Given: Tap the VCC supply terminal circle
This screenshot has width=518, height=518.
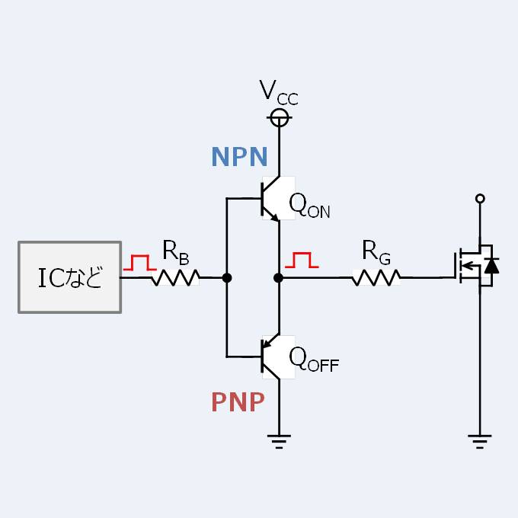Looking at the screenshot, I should click(x=280, y=117).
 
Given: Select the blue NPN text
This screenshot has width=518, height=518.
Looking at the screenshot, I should click(x=239, y=157).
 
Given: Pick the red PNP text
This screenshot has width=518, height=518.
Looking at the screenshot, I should click(x=238, y=402).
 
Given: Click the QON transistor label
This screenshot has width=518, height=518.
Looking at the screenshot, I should click(x=309, y=205).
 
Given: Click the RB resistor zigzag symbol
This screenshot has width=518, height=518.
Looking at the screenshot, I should click(x=175, y=278).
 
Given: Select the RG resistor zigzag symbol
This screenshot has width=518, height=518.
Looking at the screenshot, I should click(x=376, y=278).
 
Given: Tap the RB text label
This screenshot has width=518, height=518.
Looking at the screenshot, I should click(x=175, y=250).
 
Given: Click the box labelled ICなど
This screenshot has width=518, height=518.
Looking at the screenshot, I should click(x=69, y=277).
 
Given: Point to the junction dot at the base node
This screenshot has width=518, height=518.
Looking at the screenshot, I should click(x=226, y=278).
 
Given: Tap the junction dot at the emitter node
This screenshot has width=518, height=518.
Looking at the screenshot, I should click(x=279, y=278).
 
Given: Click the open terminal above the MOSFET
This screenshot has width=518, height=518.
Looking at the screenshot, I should click(x=480, y=199).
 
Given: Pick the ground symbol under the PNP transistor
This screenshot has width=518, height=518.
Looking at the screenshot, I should click(x=280, y=438).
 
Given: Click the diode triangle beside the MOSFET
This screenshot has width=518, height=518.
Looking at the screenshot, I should click(x=491, y=265).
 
